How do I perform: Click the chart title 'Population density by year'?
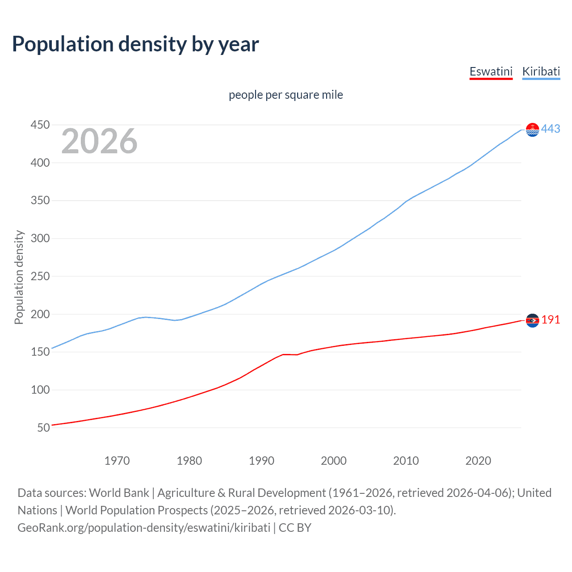click(135, 44)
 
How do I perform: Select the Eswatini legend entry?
click(491, 71)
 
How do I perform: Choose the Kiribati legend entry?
click(541, 71)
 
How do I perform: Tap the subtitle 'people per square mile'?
click(286, 95)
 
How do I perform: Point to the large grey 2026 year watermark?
click(99, 141)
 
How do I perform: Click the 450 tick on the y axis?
click(40, 125)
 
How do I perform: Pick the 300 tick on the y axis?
click(40, 238)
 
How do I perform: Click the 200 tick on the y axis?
click(40, 314)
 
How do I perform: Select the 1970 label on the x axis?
click(117, 461)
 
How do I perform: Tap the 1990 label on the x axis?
click(261, 461)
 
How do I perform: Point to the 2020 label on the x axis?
click(478, 461)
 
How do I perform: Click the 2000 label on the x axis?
click(334, 461)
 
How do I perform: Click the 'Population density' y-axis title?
click(19, 277)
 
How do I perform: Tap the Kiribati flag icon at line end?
click(532, 130)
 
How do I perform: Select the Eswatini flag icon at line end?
click(532, 320)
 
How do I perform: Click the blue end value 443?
click(551, 129)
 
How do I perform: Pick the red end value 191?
click(551, 320)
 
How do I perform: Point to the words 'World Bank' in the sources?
click(119, 493)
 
